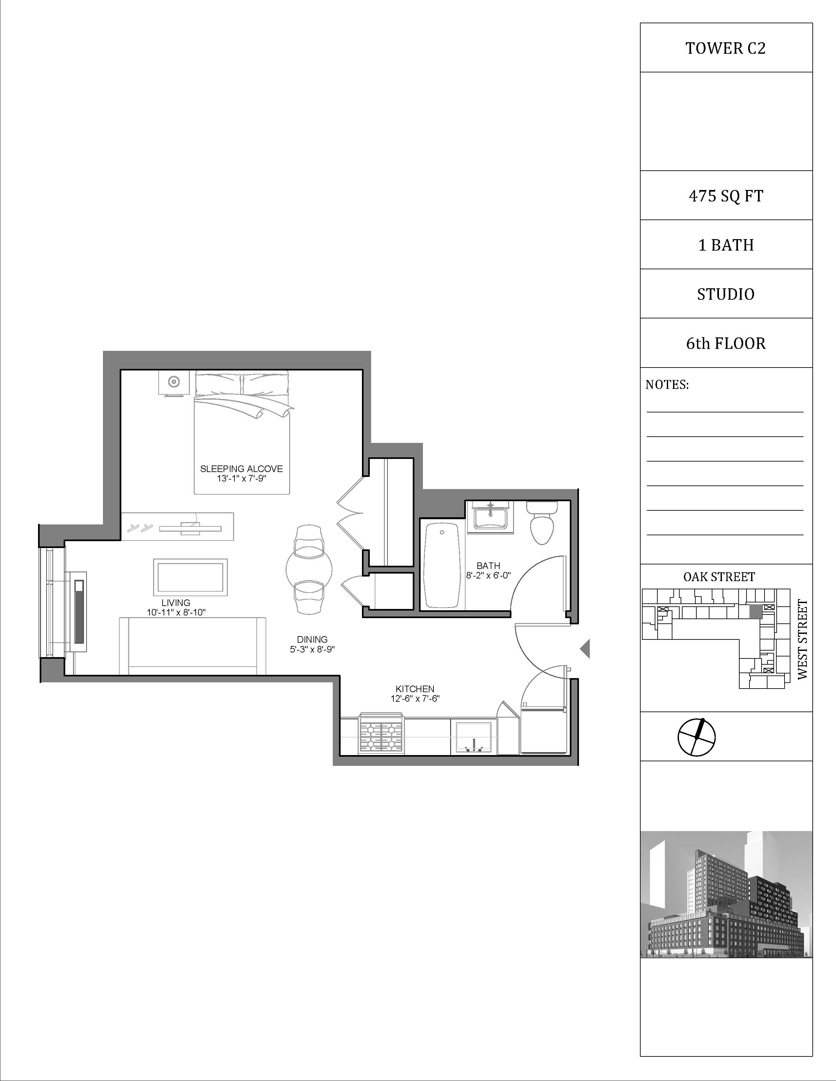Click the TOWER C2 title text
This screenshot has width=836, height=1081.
726,48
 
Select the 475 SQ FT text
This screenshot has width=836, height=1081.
726,196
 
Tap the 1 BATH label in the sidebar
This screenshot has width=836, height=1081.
726,245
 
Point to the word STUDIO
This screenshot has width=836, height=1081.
726,294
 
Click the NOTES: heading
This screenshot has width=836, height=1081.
667,385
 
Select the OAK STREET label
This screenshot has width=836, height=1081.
719,577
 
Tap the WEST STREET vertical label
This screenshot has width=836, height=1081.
802,639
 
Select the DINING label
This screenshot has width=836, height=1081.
312,639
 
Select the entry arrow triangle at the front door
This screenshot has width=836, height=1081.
586,648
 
